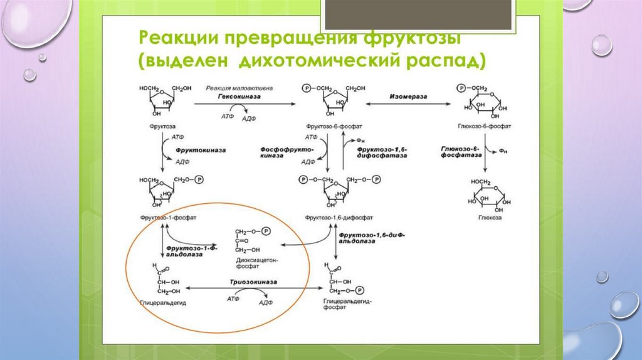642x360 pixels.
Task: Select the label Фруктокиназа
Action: pyautogui.click(x=200, y=151)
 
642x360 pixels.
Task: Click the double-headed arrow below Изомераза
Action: pyautogui.click(x=403, y=104)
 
